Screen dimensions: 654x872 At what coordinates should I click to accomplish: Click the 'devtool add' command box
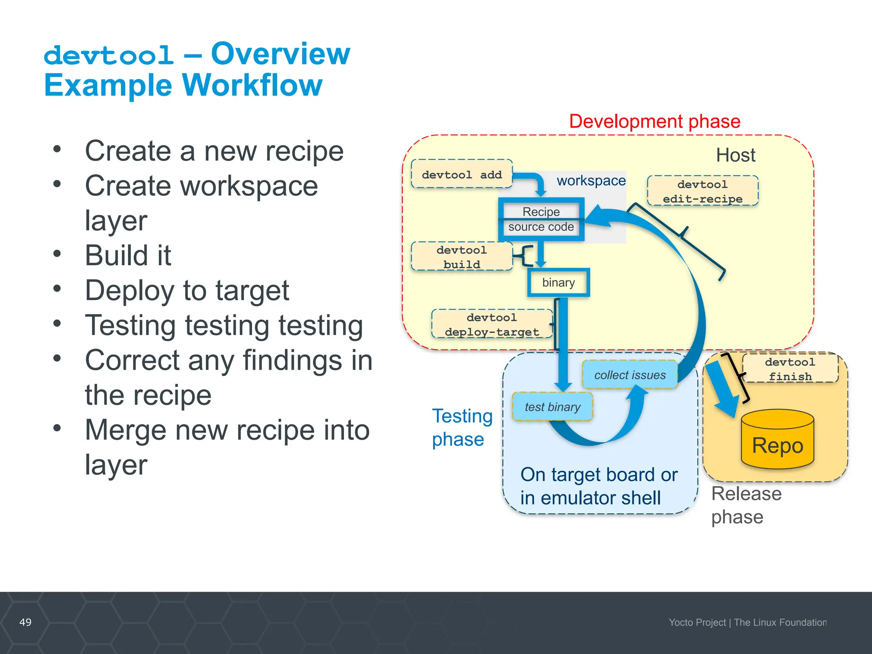coord(462,174)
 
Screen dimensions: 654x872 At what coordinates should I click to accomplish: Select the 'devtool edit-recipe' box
coord(703,191)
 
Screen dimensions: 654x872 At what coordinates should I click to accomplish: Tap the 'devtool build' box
coord(462,257)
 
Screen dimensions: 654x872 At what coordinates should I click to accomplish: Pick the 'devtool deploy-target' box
coord(492,324)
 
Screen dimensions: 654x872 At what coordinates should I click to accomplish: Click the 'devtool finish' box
coord(790,369)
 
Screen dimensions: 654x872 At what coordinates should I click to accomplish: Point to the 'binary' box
coord(558,283)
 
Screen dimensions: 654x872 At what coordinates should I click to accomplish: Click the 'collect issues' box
coord(630,375)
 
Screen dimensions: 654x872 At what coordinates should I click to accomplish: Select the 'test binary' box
coord(552,407)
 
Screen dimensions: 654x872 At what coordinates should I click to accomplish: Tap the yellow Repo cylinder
coord(777,441)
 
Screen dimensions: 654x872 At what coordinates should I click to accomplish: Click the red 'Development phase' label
coord(654,122)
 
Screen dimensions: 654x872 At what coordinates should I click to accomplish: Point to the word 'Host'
coord(735,155)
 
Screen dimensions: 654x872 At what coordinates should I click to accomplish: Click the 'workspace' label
coord(591,181)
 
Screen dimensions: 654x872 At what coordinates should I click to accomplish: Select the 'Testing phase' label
coord(462,427)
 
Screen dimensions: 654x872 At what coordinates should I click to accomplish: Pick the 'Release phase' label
coord(746,505)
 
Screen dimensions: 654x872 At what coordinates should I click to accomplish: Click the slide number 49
coord(26,622)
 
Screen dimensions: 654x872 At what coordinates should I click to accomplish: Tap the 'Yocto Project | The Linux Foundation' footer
coord(747,622)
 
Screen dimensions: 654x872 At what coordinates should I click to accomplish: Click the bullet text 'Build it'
coord(128,255)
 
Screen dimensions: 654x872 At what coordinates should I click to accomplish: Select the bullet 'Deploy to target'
coord(187,290)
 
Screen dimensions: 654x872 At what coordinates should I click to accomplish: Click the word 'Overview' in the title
coord(281,54)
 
